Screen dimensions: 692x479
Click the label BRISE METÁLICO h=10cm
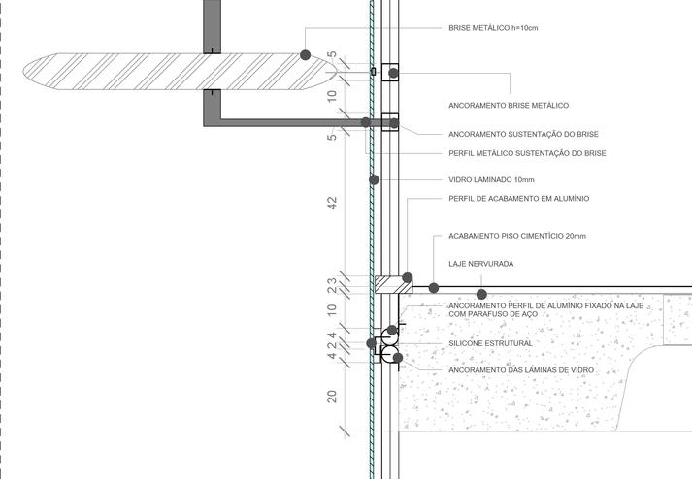click(493, 28)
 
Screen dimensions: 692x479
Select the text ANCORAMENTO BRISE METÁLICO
click(509, 105)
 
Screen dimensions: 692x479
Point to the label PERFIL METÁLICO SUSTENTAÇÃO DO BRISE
click(527, 153)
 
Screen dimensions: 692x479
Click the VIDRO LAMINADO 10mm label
click(491, 179)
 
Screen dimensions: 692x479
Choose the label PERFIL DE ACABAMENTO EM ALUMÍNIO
click(518, 199)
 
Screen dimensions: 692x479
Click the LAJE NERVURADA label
click(480, 264)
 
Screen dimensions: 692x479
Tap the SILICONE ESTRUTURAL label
click(490, 343)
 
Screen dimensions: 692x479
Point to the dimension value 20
click(332, 396)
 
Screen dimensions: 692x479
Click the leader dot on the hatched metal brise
click(305, 55)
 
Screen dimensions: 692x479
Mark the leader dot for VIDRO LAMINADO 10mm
click(373, 179)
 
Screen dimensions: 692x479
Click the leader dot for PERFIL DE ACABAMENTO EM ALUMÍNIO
click(408, 277)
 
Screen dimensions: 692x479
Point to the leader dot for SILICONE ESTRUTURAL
click(372, 343)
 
